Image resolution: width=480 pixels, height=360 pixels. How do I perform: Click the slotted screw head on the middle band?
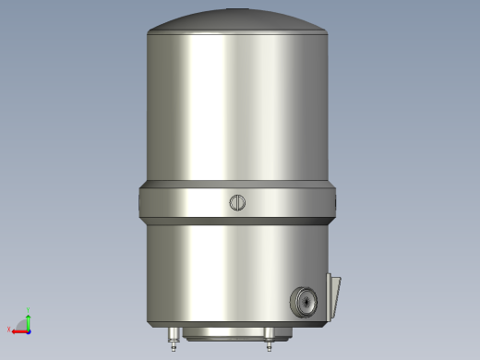pos(238,203)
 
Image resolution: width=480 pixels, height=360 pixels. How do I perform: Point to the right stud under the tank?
pos(269,339)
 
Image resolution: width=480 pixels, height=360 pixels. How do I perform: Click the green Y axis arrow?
pos(29,319)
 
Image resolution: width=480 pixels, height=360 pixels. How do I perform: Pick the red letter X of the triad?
pos(9,330)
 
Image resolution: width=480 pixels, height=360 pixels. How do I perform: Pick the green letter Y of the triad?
pos(29,310)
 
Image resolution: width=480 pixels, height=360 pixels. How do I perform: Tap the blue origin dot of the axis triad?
pos(29,330)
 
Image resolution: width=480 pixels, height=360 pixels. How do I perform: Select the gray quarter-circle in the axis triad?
pos(24,326)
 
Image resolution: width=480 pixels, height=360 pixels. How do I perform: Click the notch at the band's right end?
pos(333,202)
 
